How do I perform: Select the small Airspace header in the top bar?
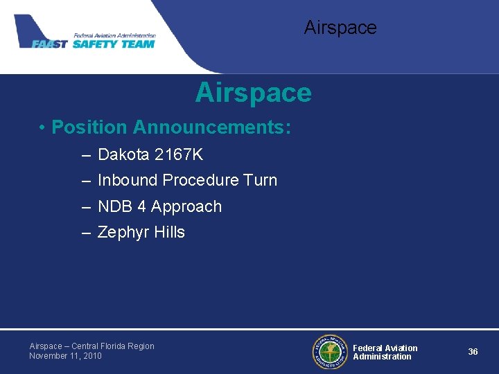coord(340,28)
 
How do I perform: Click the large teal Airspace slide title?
coord(253,93)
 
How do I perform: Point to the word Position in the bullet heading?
coord(89,127)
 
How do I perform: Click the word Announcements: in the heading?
coord(211,127)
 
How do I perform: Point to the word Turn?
coord(260,180)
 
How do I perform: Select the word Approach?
coord(186,206)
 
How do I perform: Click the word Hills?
coord(169,232)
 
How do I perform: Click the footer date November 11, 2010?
coord(65,356)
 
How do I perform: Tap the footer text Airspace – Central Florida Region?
coord(91,346)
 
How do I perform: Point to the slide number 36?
coord(473,352)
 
